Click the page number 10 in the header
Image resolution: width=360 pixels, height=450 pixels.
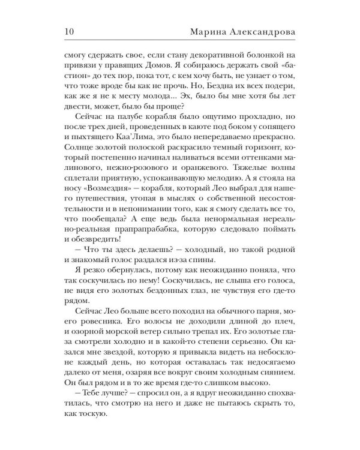[67, 31]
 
